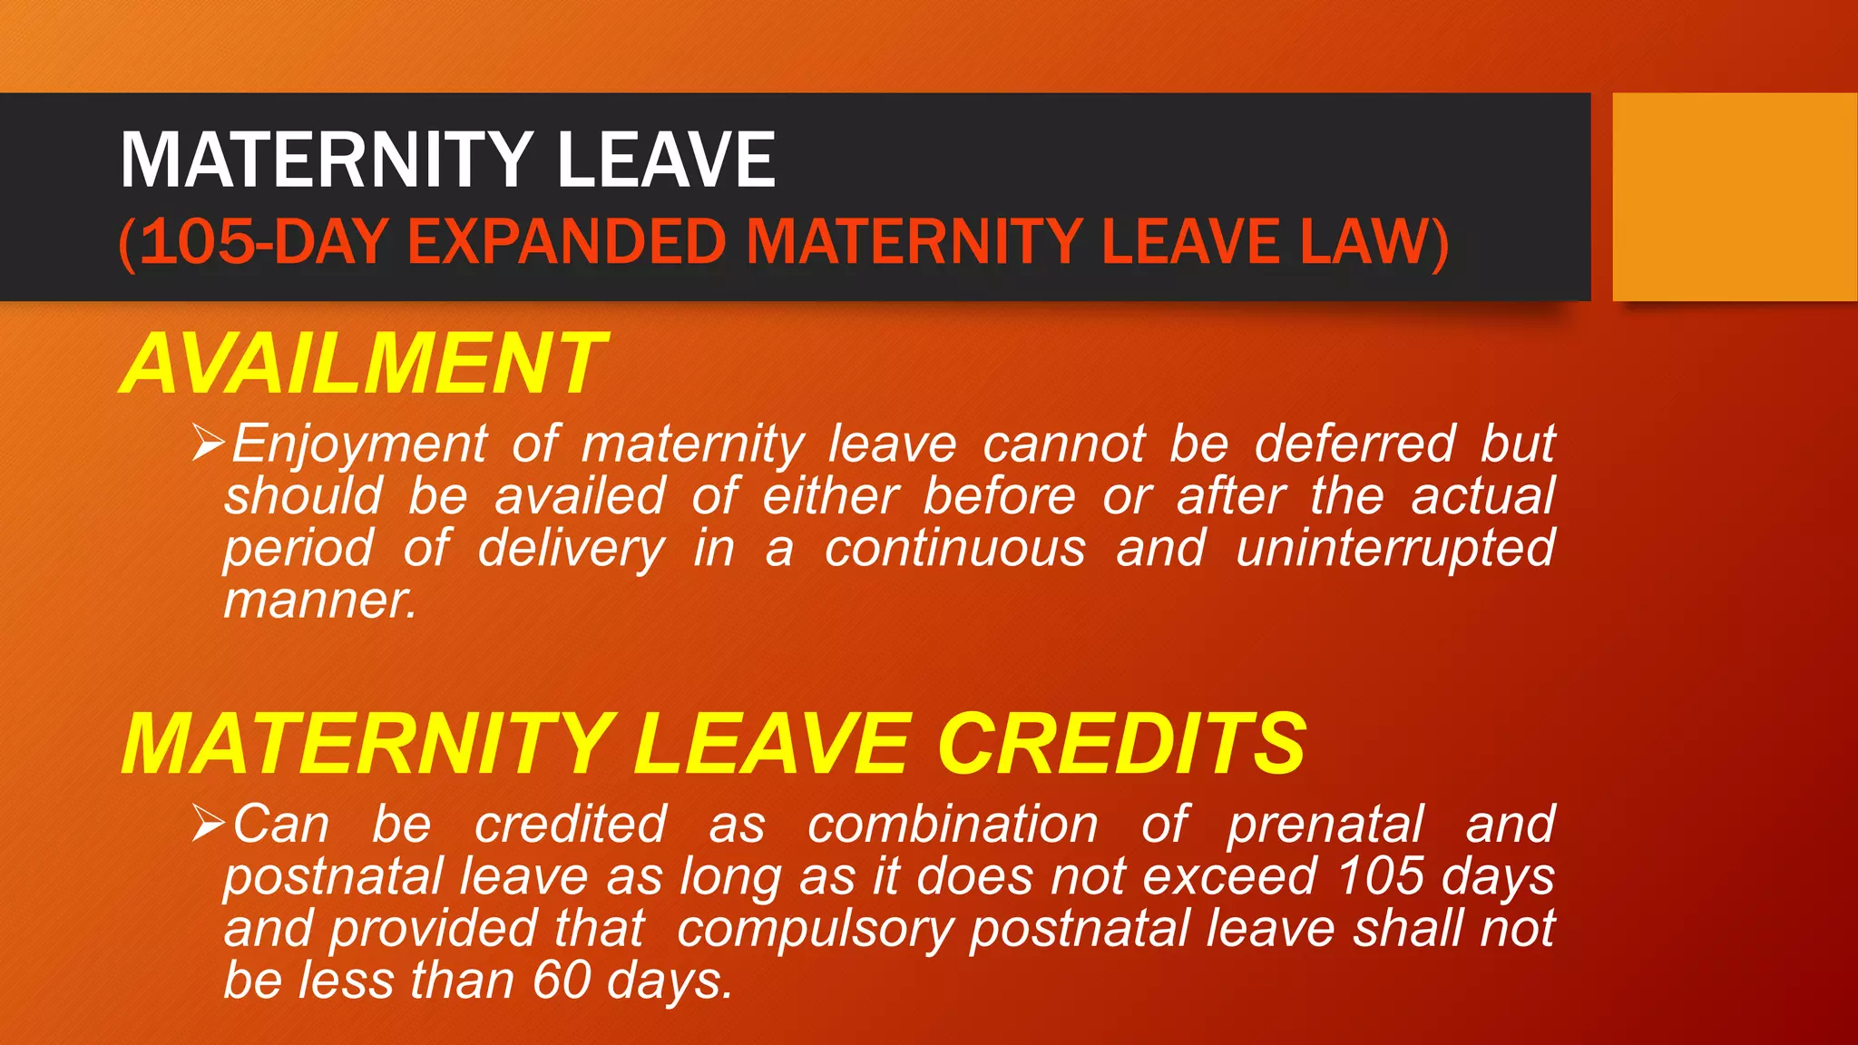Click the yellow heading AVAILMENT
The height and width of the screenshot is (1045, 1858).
(x=363, y=364)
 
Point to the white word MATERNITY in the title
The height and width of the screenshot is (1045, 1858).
(x=327, y=160)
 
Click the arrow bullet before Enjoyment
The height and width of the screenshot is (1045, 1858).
(x=208, y=444)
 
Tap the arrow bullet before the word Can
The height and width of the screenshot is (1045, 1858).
(x=208, y=824)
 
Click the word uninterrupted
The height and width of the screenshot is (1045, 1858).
(x=1395, y=549)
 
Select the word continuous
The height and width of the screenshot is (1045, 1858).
(x=954, y=549)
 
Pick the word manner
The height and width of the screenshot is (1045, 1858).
(x=319, y=601)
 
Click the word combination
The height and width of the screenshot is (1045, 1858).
(x=953, y=825)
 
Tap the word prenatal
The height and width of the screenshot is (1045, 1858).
(x=1325, y=825)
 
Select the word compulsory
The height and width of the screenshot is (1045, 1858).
(x=815, y=931)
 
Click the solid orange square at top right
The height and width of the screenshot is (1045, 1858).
(x=1735, y=196)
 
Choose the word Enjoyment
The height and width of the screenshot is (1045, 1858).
(x=359, y=445)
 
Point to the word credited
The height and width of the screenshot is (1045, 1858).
(x=571, y=825)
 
